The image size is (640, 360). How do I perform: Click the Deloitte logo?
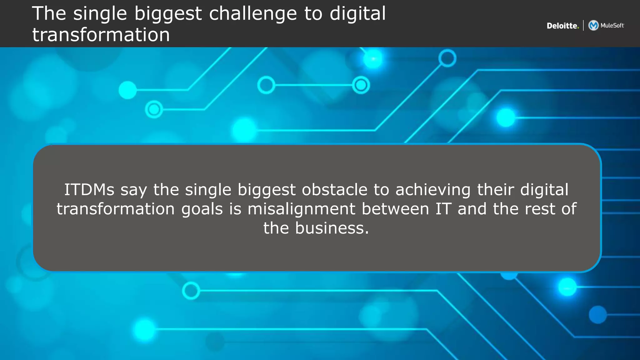point(562,26)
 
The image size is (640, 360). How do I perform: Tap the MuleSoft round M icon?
point(593,25)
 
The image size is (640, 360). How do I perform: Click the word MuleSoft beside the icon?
point(612,26)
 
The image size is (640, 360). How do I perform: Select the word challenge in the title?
point(253,14)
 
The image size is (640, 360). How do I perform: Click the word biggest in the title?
point(168,14)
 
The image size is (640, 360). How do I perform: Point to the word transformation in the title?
point(101,35)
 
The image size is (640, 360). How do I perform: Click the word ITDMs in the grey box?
point(89,190)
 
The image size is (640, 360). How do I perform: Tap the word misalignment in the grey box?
point(301,209)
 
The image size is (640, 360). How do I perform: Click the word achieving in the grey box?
point(433,190)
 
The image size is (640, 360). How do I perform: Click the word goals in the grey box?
point(202,209)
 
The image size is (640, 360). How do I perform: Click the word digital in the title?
point(357,14)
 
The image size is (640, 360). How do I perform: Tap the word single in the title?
point(100,14)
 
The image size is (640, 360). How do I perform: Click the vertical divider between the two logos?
point(583,25)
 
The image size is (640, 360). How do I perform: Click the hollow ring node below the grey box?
point(191,291)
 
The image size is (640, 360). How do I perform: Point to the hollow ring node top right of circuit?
point(447,58)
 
